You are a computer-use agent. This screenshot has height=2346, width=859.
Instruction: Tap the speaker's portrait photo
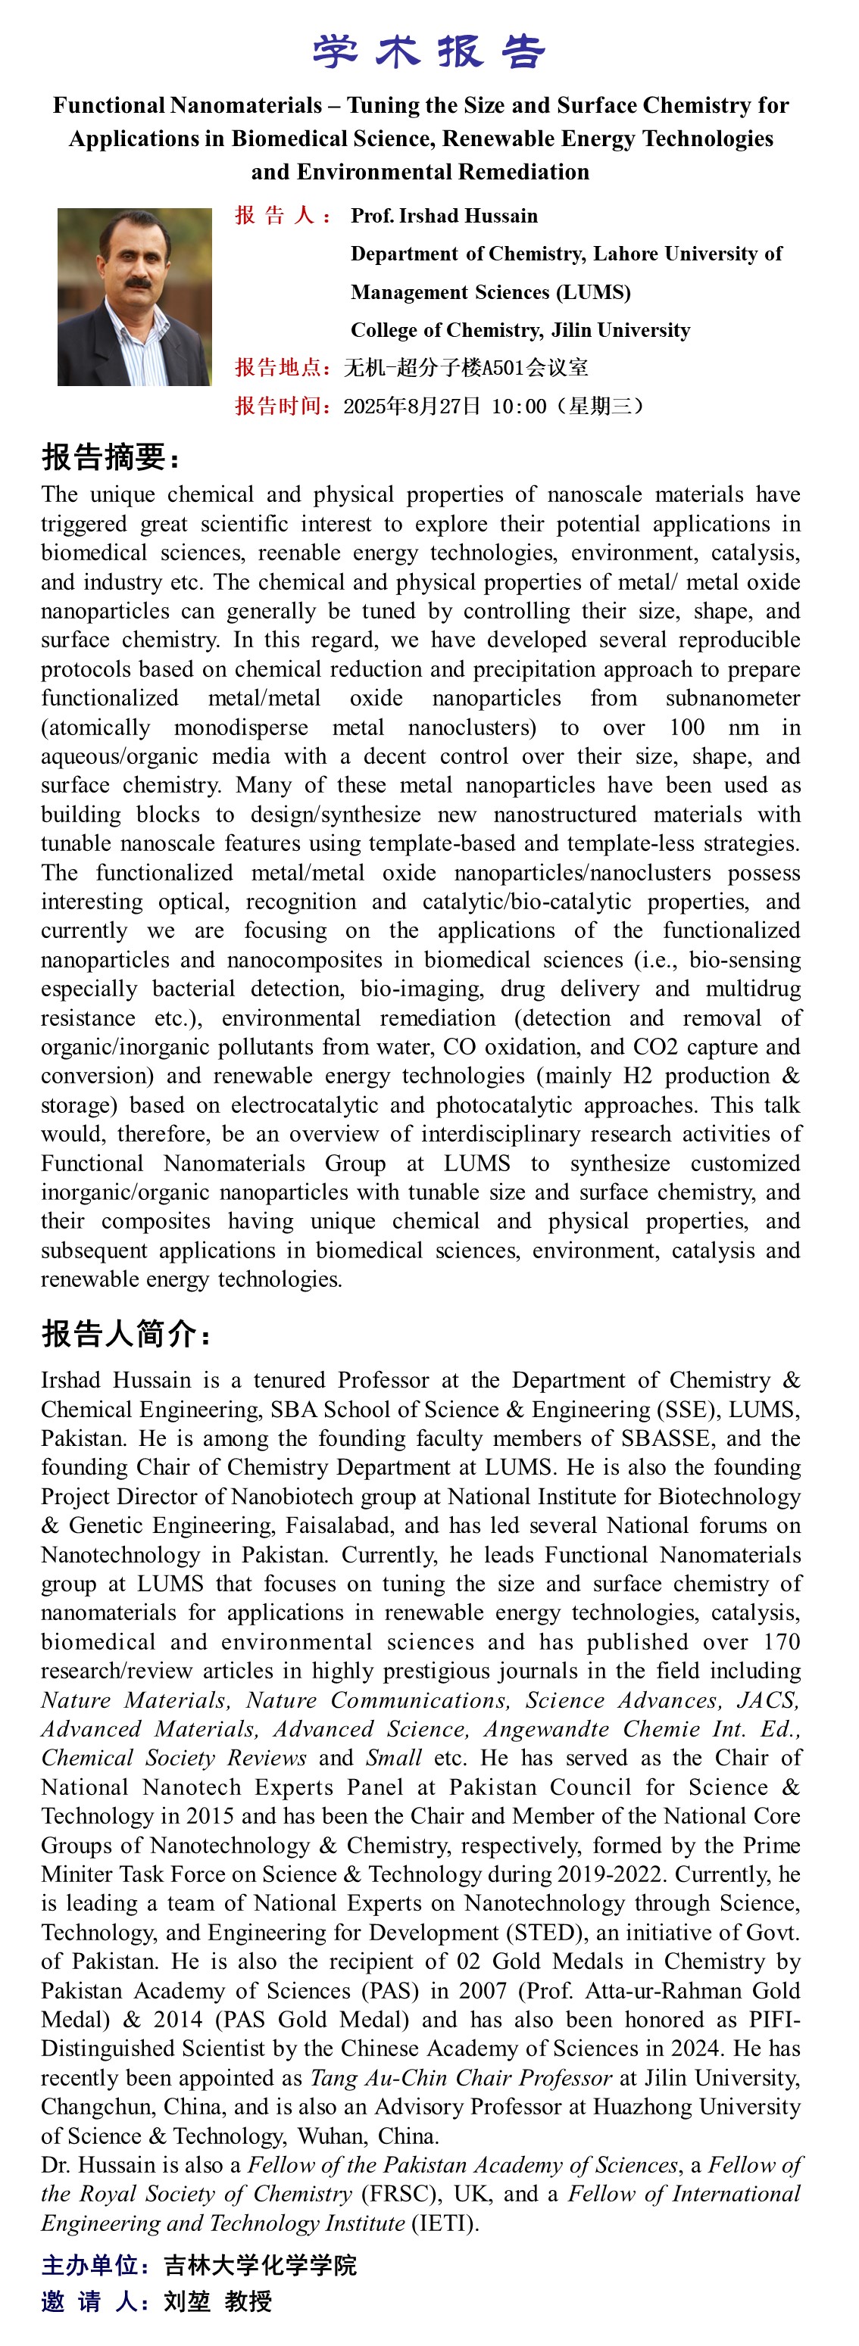point(134,297)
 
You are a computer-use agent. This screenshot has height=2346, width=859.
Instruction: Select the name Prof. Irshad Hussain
point(444,216)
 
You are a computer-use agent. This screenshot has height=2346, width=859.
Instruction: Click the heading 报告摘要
point(111,456)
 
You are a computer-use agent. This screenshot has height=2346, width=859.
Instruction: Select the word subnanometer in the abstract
point(732,699)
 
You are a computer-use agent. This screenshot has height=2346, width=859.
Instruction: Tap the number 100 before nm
point(686,727)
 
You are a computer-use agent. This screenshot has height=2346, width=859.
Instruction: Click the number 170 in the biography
point(782,1642)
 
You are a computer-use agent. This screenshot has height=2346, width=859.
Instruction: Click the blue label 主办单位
point(94,2266)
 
